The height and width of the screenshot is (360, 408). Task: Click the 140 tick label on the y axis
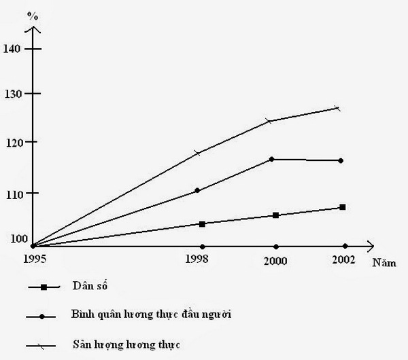13,48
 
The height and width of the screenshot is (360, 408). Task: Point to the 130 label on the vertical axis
13,94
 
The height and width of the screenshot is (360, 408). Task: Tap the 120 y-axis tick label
13,142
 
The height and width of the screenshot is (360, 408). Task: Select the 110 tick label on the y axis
13,194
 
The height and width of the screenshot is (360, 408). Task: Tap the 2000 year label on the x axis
275,261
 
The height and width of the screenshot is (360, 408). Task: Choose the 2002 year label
344,260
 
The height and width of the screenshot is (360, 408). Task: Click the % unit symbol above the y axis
30,14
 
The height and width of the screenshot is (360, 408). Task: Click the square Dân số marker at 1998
202,223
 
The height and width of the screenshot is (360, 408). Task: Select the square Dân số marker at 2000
275,215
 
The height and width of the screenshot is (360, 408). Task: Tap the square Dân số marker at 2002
343,207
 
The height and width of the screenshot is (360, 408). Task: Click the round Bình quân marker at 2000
272,159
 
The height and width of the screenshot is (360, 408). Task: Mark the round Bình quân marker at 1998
197,190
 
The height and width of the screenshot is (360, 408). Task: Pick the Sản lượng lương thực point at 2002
337,108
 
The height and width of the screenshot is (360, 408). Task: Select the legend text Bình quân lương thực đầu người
146,315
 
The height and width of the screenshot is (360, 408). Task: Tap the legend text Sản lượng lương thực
125,345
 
